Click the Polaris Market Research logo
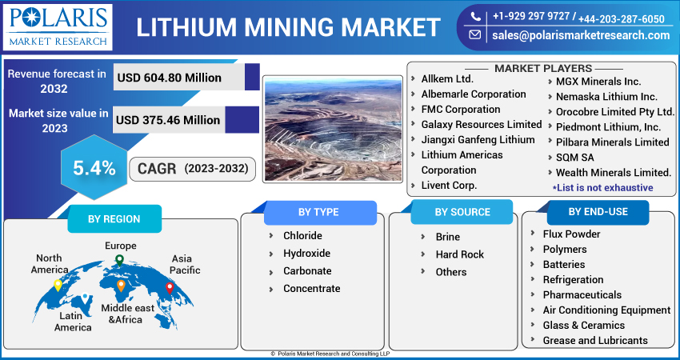click(57, 26)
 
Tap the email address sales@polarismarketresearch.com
click(580, 35)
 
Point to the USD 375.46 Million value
click(168, 120)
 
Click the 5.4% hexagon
click(94, 168)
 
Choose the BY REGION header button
click(114, 218)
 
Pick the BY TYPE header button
click(318, 212)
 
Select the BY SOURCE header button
click(462, 212)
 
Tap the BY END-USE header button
click(598, 212)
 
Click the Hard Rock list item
click(459, 254)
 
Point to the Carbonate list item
click(306, 270)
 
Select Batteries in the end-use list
click(563, 264)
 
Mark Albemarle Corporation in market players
click(473, 94)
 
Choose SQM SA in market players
click(574, 157)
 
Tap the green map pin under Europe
click(119, 259)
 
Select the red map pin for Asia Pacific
click(170, 287)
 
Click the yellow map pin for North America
click(58, 284)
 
